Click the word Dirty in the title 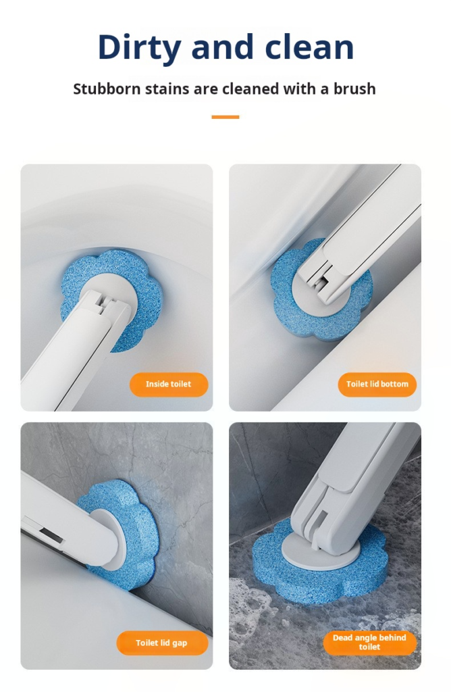click(139, 48)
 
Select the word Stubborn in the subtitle click(107, 89)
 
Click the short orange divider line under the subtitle click(225, 117)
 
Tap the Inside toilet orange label click(169, 385)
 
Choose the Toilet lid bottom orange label click(377, 385)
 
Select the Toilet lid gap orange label click(162, 643)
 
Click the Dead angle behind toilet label click(369, 643)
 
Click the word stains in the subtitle click(167, 89)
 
